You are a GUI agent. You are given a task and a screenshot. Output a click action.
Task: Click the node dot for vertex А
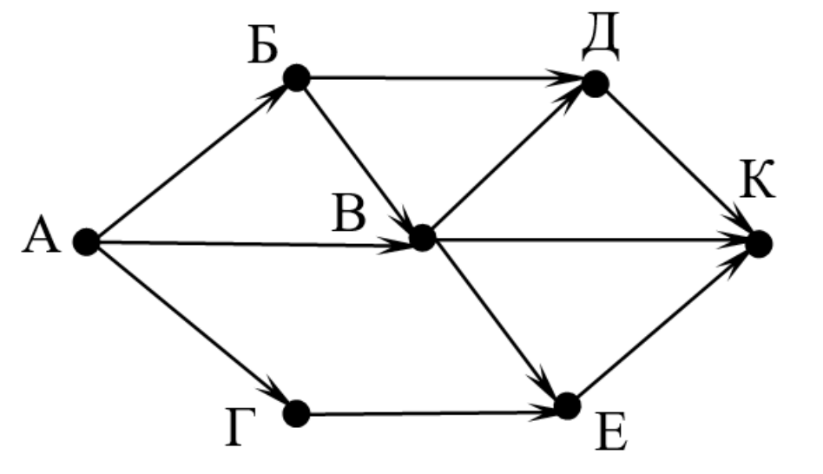click(x=85, y=242)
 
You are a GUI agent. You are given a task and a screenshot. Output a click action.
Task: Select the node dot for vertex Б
click(x=296, y=79)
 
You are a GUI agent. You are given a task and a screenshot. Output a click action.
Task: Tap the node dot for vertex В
click(x=422, y=237)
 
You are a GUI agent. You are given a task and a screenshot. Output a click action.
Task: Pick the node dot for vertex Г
click(x=296, y=413)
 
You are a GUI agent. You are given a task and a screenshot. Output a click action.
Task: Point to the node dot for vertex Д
click(x=595, y=83)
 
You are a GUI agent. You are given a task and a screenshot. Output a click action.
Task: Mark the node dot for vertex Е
click(x=567, y=405)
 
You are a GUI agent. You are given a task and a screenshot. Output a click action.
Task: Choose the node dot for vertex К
click(x=758, y=244)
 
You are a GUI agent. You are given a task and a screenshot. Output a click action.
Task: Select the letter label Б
click(x=261, y=48)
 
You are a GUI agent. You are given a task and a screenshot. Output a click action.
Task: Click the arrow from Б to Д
click(x=445, y=81)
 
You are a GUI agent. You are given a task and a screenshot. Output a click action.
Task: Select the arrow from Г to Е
click(x=431, y=410)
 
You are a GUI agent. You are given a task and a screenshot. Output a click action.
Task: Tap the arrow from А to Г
click(x=191, y=328)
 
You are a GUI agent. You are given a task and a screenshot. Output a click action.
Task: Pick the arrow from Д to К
click(x=676, y=163)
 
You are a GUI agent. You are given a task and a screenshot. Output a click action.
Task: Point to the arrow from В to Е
click(x=495, y=321)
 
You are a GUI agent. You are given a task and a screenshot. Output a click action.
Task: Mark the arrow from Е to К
click(x=662, y=324)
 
